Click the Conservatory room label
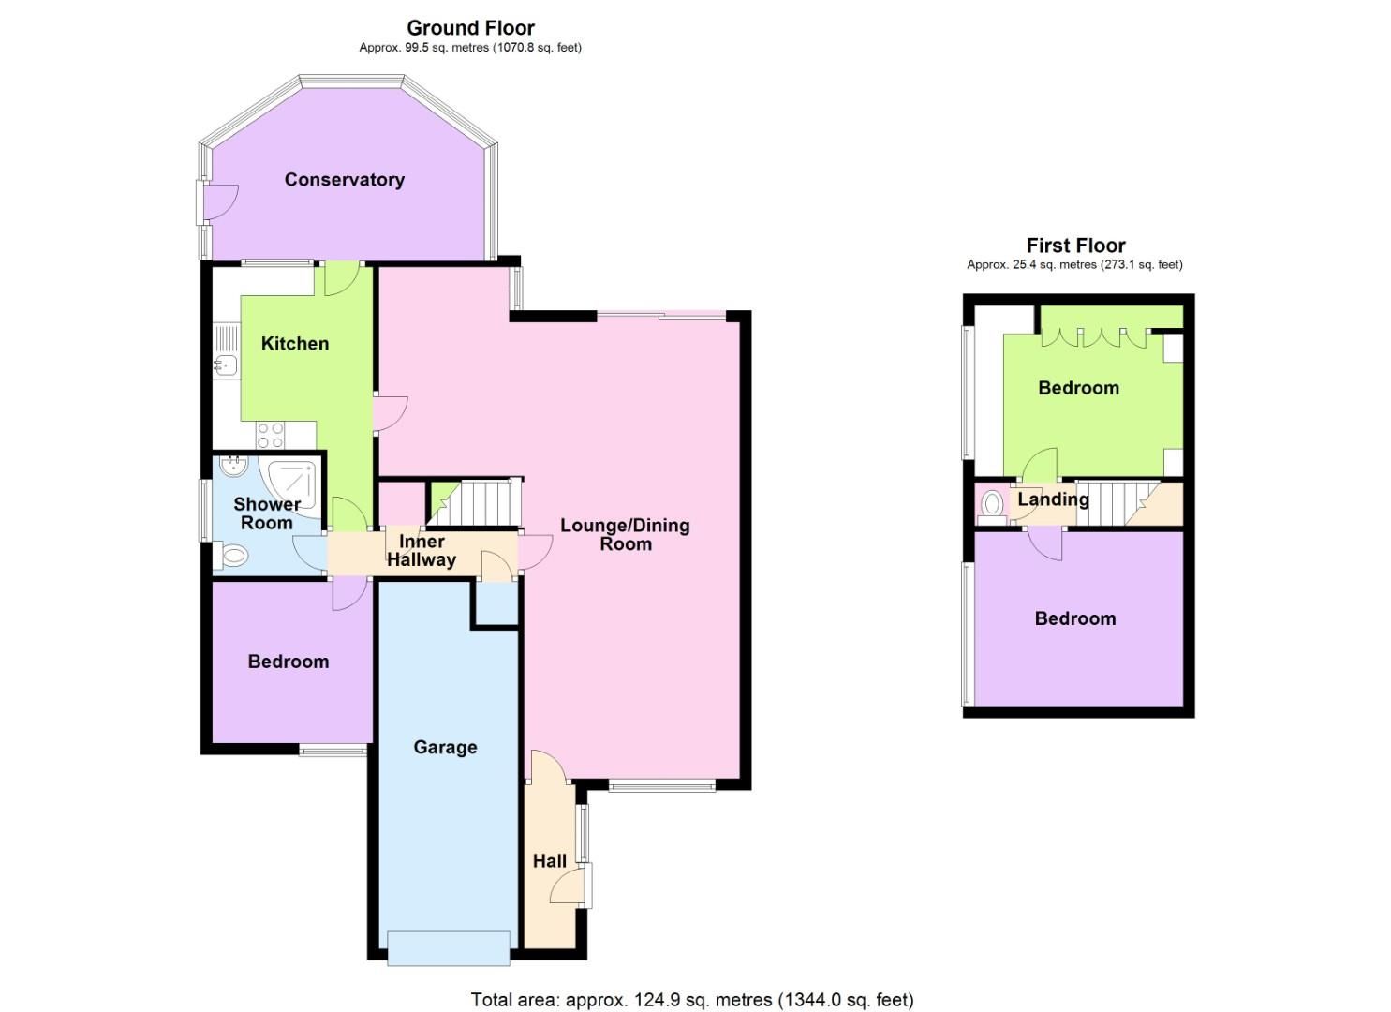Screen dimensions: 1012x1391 [x=344, y=180]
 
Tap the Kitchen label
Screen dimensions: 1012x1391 [x=294, y=344]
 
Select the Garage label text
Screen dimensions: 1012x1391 [x=445, y=747]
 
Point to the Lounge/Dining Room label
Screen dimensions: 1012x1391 [x=625, y=534]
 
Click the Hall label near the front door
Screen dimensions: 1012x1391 [x=550, y=861]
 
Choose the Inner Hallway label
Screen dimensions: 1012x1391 [x=422, y=551]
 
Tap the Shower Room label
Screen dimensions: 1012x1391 [x=267, y=513]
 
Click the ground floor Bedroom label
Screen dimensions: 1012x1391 [x=288, y=662]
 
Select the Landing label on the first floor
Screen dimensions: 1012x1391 [x=1053, y=499]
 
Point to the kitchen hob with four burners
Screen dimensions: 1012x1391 [x=271, y=435]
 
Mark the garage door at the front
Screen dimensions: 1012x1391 [x=449, y=947]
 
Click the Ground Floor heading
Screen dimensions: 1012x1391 [x=470, y=28]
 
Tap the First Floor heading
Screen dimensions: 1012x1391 [x=1074, y=246]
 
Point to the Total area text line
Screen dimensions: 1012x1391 [x=691, y=1000]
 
